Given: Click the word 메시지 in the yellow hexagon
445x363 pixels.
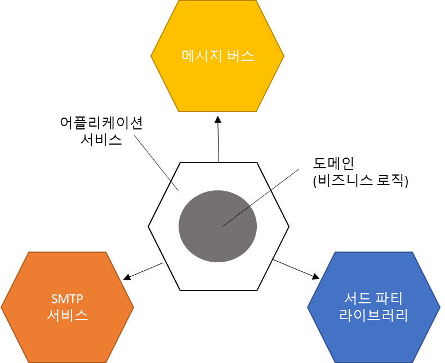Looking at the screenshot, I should pos(200,56).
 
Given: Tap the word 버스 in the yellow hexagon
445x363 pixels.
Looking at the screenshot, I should pos(241,56).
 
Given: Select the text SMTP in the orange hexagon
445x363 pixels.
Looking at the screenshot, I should pos(67,299).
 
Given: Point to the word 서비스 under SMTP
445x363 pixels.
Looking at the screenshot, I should pos(67,315).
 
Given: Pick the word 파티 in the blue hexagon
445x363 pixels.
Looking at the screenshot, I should pos(390,299).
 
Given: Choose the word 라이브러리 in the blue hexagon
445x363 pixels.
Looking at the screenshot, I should pos(373,315).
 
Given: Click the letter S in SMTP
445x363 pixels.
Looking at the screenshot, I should pos(55,299).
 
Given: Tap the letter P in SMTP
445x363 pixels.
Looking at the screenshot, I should pos(80,299).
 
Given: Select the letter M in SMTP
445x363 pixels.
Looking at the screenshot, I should pos(63,299).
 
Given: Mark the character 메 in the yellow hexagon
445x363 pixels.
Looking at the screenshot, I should pos(188,56).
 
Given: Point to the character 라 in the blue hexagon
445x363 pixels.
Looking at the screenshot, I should pos(346,315).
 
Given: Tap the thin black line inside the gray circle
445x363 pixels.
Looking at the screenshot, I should pos(236,216).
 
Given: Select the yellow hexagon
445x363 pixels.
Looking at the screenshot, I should pos(217,84).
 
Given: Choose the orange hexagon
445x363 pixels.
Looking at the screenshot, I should pos(67,338).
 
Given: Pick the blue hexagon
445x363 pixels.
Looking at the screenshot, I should pos(373,338).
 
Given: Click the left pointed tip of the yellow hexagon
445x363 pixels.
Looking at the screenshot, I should pos(152,56).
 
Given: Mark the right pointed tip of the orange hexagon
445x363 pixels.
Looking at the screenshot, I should pos(133,307).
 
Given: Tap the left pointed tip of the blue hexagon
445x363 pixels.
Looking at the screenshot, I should pos(308,307).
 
